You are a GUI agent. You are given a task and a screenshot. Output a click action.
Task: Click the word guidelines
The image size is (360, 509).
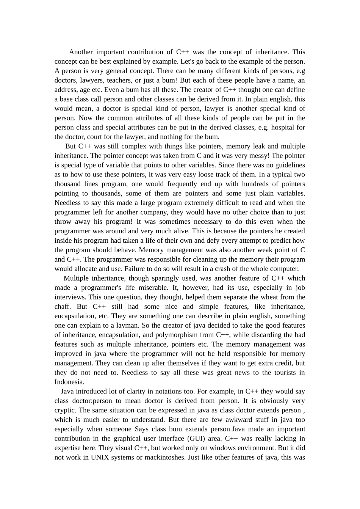coord(287,165)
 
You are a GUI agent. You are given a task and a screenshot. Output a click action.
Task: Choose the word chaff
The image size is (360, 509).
coord(62,307)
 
